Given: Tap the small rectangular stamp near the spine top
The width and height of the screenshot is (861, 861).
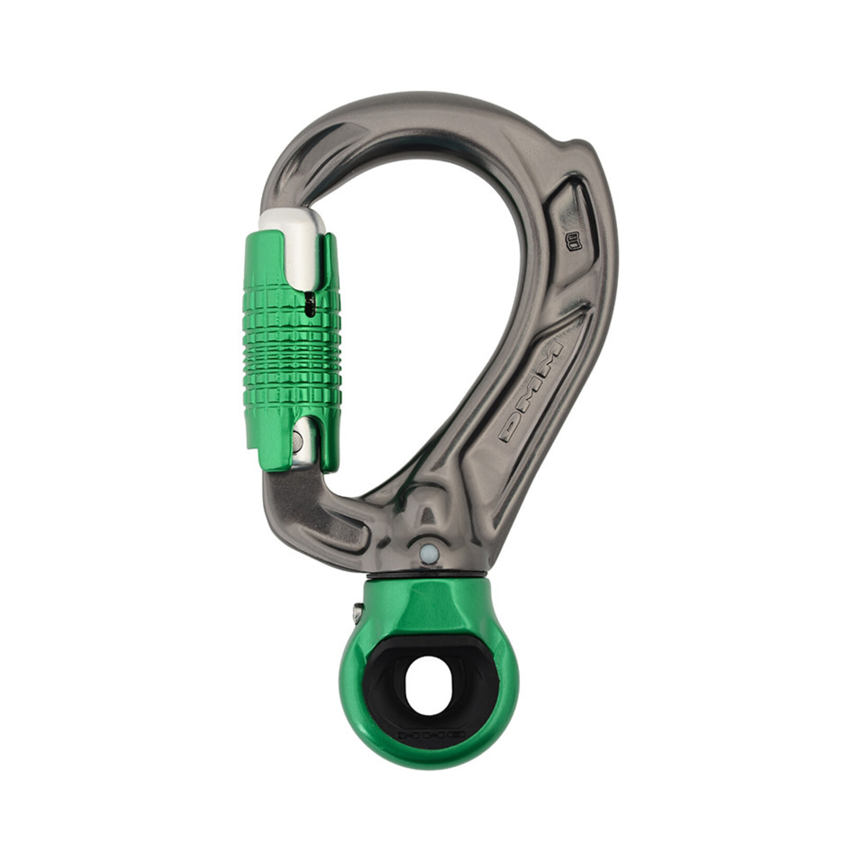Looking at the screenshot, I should point(573,241).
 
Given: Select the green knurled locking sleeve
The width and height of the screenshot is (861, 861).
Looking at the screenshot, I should point(292,349).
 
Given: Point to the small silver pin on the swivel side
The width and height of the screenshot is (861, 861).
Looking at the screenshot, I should point(358,613).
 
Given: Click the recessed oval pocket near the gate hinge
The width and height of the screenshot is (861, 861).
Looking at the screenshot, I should point(334,532).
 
